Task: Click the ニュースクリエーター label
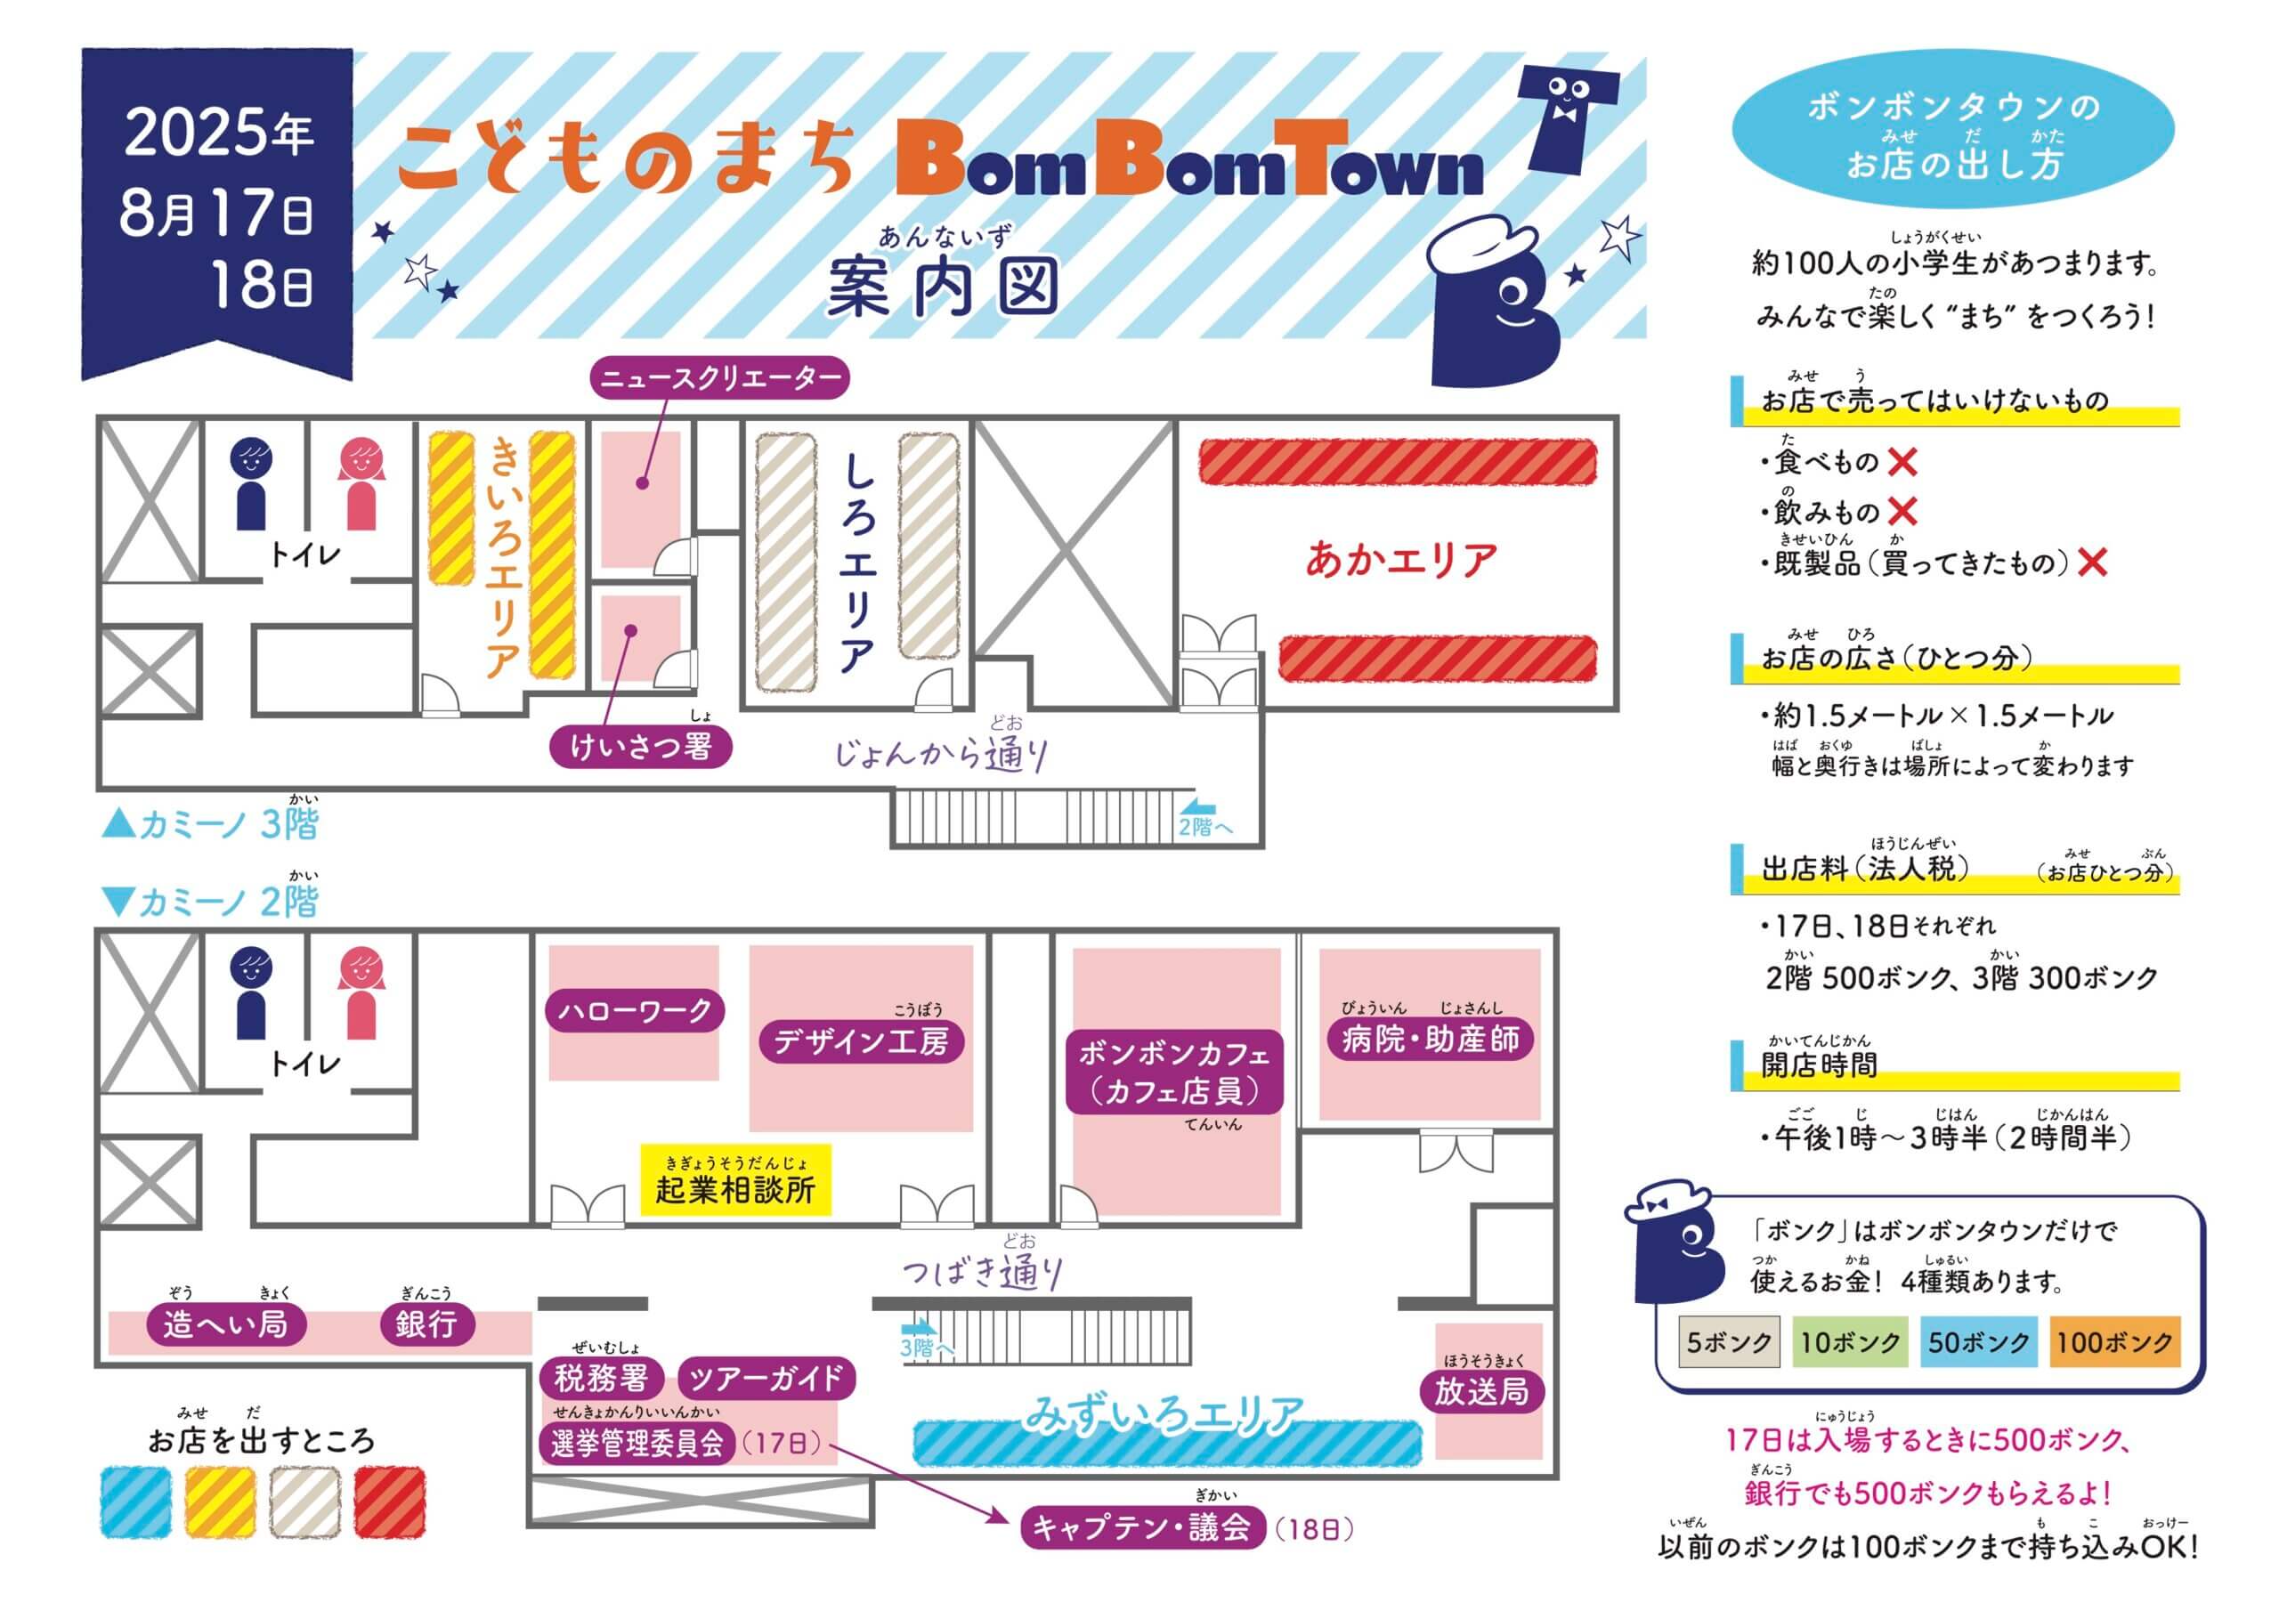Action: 720,378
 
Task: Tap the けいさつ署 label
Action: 641,748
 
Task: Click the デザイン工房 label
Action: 862,1041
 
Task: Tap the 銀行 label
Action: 426,1324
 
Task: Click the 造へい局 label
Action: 226,1324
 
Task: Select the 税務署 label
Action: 602,1378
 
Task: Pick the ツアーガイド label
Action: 766,1378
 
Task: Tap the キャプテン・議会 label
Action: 1142,1526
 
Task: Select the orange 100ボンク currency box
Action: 2114,1342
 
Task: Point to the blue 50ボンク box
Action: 1978,1342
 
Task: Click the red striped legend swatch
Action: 390,1502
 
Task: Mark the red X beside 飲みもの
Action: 1902,512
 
